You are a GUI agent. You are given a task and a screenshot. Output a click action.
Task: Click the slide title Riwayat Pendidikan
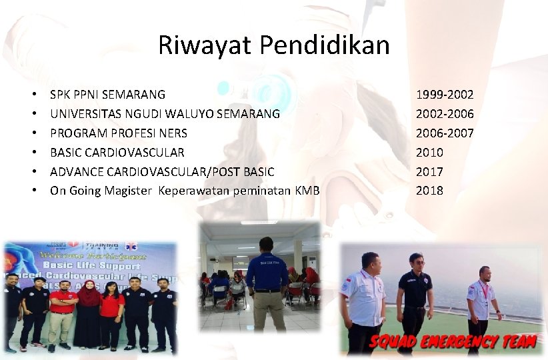(273, 45)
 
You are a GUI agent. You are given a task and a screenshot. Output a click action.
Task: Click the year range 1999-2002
(445, 95)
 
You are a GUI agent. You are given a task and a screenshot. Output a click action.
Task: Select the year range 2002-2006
(445, 114)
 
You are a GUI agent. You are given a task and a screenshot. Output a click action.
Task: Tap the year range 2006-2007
(445, 133)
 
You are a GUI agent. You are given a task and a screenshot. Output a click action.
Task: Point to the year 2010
(429, 153)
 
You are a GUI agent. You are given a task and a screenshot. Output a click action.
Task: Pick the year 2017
(429, 171)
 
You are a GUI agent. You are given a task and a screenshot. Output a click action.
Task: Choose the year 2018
(429, 191)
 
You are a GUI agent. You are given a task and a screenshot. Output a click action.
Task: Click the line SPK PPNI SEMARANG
(107, 95)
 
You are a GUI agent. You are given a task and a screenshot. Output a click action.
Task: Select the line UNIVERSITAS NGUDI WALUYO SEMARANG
(165, 114)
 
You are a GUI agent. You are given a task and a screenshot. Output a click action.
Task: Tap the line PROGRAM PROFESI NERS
(119, 133)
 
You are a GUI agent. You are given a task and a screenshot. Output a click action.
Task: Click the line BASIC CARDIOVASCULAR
(117, 153)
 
